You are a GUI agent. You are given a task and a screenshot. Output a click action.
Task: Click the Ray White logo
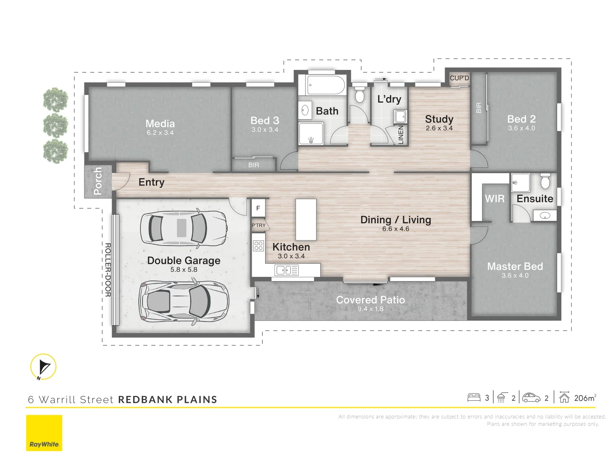[44, 433]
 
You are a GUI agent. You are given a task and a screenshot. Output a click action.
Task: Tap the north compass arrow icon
[43, 367]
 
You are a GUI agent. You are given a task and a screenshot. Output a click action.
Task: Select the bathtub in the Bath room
[326, 85]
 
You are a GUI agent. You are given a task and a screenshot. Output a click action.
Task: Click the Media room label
[160, 123]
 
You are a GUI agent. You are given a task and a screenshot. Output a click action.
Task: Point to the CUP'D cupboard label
[459, 78]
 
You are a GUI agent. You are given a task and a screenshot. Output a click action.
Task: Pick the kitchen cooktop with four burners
[258, 246]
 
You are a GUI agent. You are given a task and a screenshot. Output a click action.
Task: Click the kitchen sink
[286, 270]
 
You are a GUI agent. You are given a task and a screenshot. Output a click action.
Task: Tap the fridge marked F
[258, 208]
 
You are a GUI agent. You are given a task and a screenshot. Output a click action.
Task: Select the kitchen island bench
[306, 219]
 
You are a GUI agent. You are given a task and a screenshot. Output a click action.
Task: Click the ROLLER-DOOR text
[108, 270]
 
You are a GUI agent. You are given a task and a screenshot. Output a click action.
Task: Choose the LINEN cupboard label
[401, 134]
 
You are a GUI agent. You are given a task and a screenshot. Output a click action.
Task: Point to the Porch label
[98, 181]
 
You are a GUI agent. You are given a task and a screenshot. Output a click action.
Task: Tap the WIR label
[494, 198]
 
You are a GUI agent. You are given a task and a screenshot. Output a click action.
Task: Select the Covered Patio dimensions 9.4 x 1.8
[370, 309]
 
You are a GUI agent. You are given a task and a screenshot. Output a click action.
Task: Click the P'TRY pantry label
[258, 225]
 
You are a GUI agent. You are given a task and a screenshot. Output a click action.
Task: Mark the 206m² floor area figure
[585, 398]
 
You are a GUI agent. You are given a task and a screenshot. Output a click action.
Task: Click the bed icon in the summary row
[474, 398]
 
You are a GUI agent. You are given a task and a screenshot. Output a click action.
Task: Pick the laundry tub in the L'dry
[400, 117]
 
